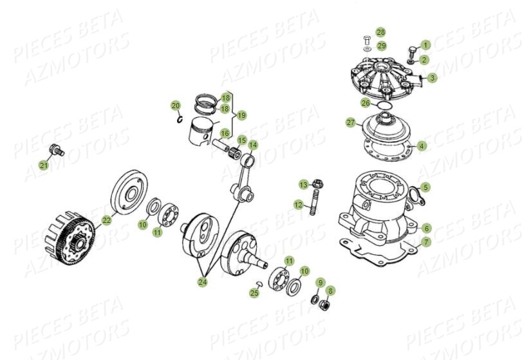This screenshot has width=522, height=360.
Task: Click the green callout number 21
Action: pos(43,166)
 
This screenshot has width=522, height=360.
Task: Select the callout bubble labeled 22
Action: pos(106,220)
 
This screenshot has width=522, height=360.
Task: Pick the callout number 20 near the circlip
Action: pos(176,105)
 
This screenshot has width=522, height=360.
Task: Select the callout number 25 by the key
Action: pos(254,293)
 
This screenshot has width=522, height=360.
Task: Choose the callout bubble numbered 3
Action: pos(433,78)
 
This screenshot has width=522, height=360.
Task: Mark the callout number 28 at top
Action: pos(381,32)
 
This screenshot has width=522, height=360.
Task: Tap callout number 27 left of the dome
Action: pos(351,122)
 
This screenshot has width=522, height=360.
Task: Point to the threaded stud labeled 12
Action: pos(314,202)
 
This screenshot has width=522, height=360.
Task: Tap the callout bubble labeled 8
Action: pos(330,291)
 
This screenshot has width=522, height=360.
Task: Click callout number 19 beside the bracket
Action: pos(241,115)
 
